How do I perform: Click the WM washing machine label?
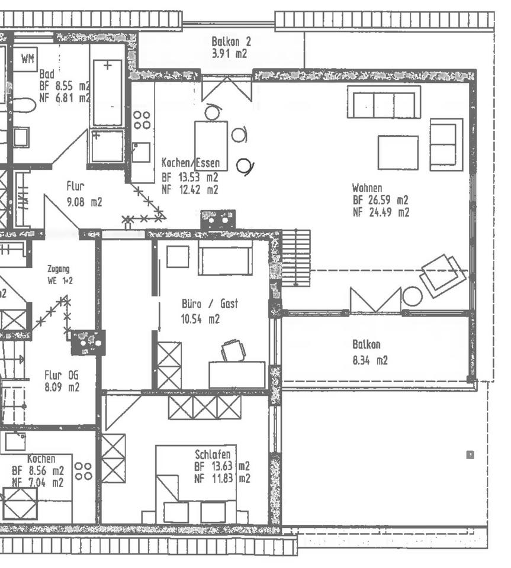pyautogui.click(x=27, y=59)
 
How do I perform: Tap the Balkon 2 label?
pyautogui.click(x=231, y=41)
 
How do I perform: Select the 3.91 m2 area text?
pyautogui.click(x=229, y=53)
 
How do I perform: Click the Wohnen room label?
pyautogui.click(x=367, y=188)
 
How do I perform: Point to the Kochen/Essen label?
pyautogui.click(x=190, y=163)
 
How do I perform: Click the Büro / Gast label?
pyautogui.click(x=210, y=304)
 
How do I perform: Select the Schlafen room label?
pyautogui.click(x=213, y=454)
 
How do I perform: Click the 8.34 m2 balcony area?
pyautogui.click(x=370, y=360)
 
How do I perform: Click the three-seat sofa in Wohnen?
pyautogui.click(x=384, y=102)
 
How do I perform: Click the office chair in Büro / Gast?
pyautogui.click(x=233, y=350)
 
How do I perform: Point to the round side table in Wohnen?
pyautogui.click(x=412, y=296)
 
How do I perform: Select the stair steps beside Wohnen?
pyautogui.click(x=296, y=258)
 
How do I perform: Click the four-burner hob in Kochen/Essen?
pyautogui.click(x=142, y=120)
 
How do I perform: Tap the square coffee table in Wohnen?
pyautogui.click(x=398, y=153)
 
